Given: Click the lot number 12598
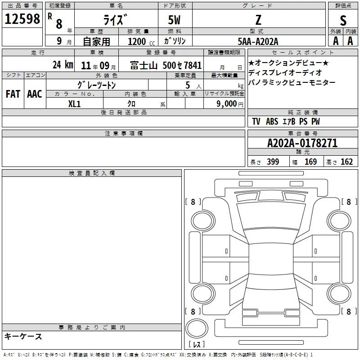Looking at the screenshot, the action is tap(22, 19).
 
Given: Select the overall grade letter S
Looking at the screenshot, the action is tap(343, 20).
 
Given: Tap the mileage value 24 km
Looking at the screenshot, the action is tap(63, 65).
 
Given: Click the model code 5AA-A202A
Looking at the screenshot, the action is tap(258, 41).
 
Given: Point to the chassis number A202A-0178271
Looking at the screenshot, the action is tap(302, 143).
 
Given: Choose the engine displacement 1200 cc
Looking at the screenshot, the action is tap(141, 41).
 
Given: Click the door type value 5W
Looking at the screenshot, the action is tap(174, 20).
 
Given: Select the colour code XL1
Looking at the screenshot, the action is tap(74, 104).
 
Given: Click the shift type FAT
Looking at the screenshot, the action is tap(13, 94).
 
